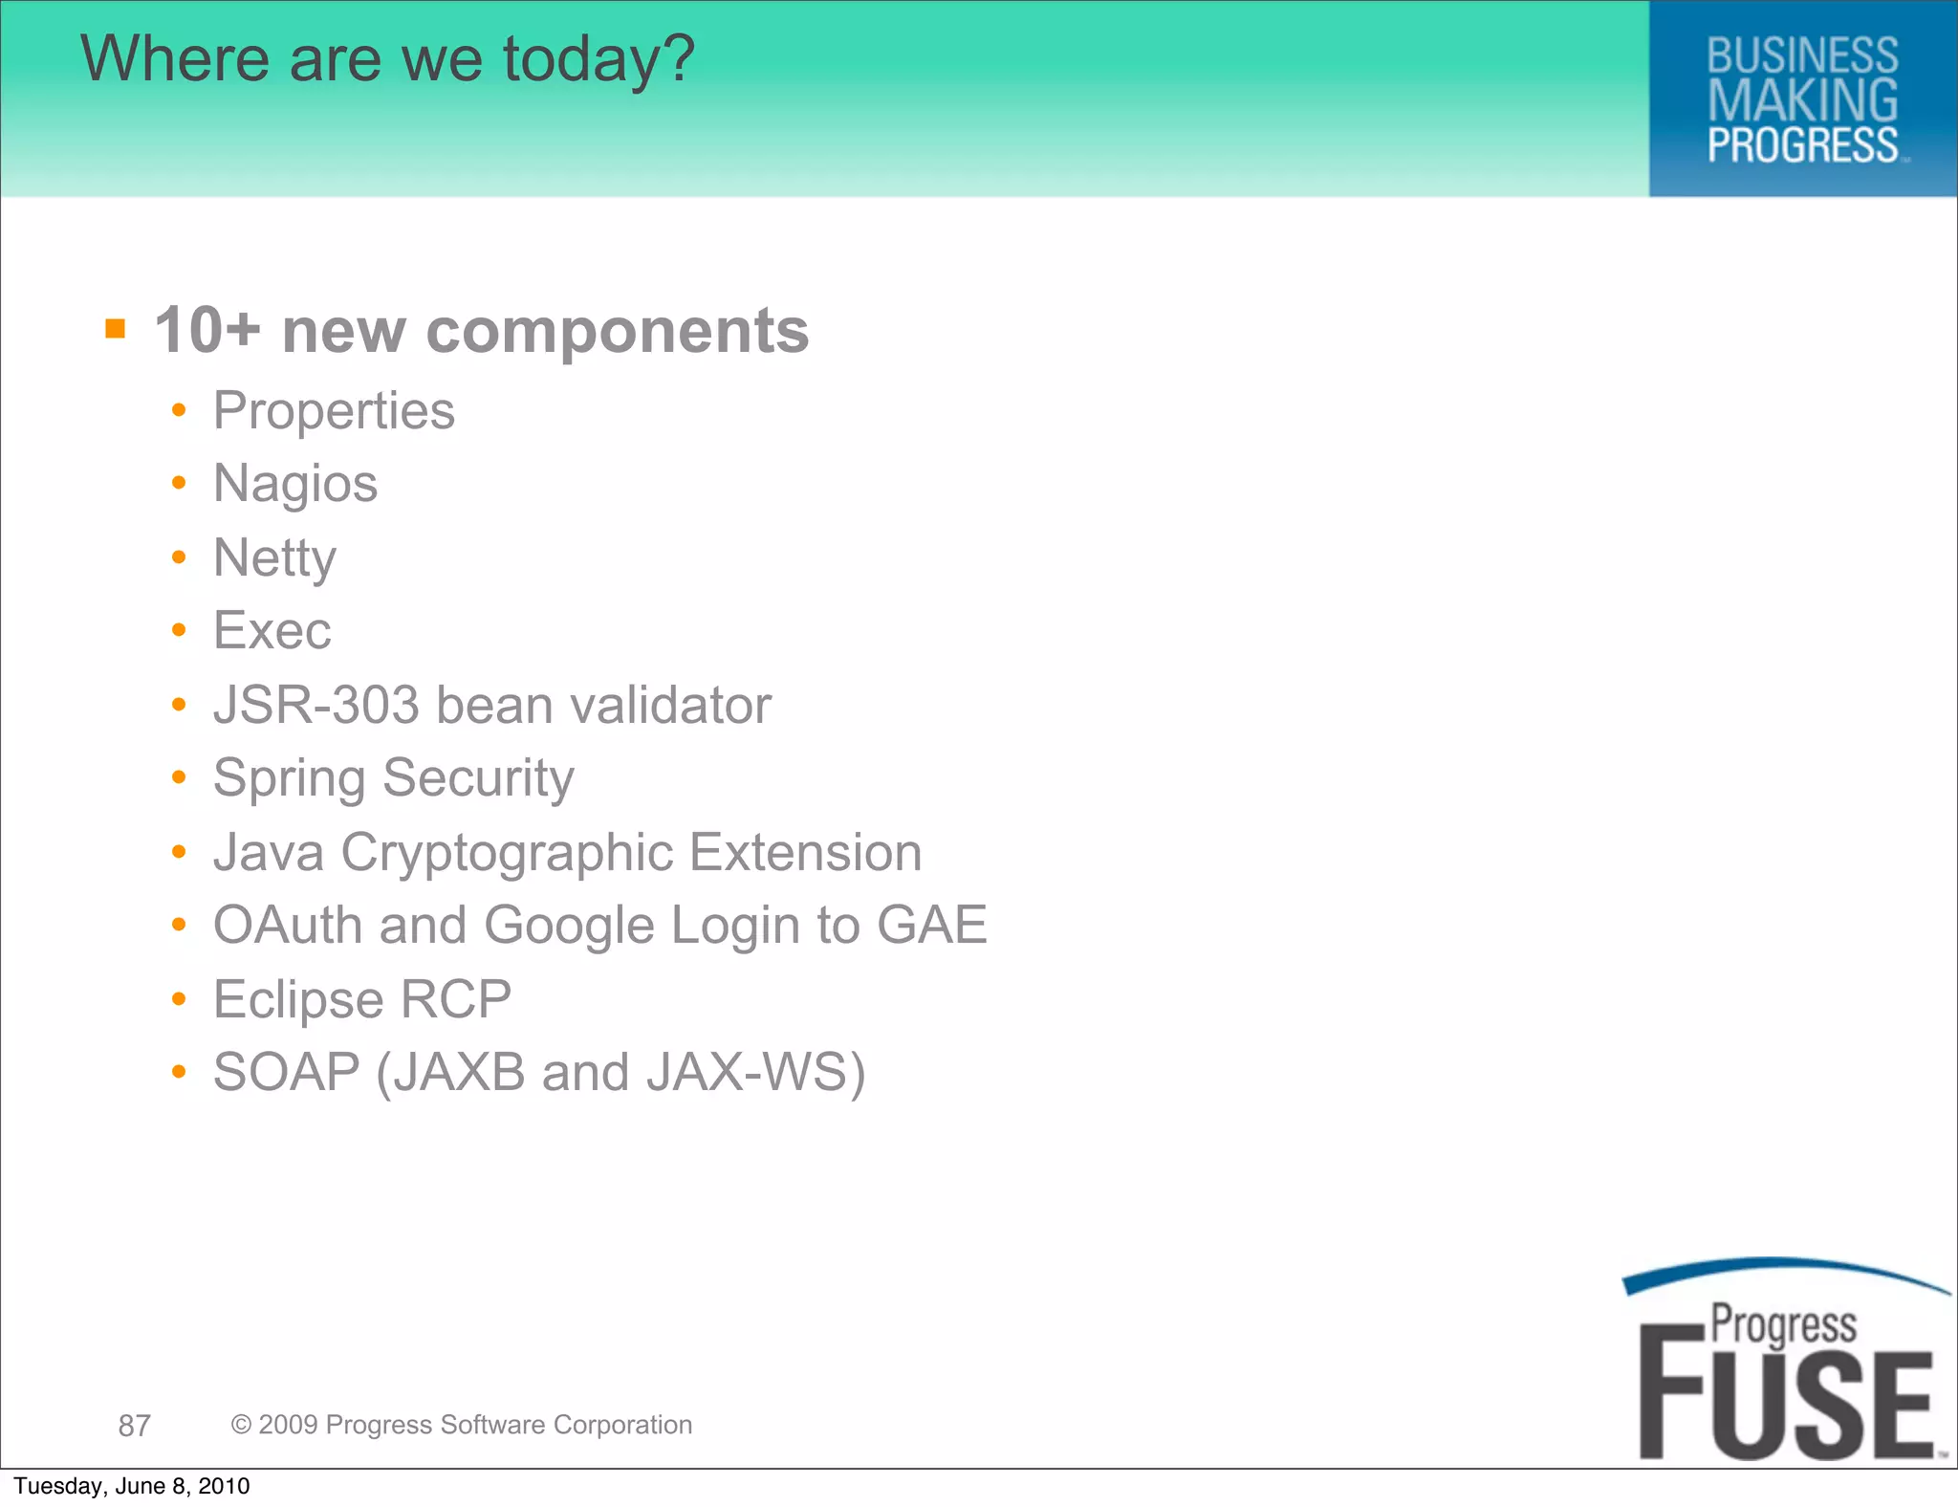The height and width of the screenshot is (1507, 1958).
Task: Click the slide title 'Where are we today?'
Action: click(x=387, y=59)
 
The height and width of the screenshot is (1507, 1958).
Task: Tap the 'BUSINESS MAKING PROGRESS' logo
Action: click(x=1802, y=100)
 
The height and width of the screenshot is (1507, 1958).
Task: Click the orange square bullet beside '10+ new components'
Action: click(x=116, y=330)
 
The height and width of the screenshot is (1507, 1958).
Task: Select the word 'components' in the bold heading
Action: click(x=617, y=332)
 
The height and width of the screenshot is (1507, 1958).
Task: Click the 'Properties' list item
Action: click(x=334, y=412)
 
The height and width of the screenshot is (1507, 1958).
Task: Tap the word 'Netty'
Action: click(x=274, y=558)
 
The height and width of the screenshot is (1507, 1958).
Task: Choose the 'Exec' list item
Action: click(x=272, y=631)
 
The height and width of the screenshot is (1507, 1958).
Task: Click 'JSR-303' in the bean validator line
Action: click(x=316, y=706)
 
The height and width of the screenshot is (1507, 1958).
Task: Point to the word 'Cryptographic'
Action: click(x=507, y=853)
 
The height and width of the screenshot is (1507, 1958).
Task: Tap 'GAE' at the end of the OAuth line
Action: click(x=931, y=926)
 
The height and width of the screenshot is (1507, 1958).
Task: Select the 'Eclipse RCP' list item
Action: click(x=362, y=1000)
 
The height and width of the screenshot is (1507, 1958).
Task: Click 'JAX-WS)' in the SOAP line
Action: click(x=755, y=1073)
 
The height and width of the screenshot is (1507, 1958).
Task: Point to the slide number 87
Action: click(x=134, y=1426)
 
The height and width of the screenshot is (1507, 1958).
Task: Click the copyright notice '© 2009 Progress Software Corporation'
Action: click(x=462, y=1425)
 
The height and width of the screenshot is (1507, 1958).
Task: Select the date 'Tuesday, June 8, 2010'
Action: click(x=132, y=1486)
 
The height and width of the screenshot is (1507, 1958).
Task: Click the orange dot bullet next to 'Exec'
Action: click(x=179, y=630)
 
